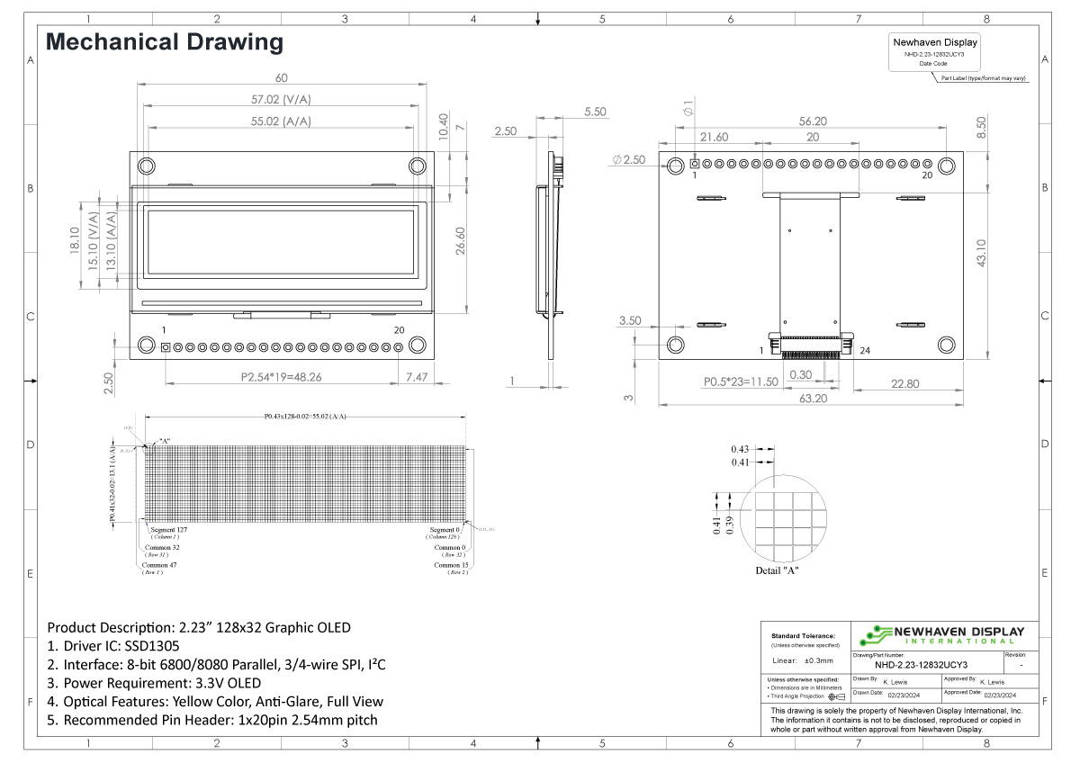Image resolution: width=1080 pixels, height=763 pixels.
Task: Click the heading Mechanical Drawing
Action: tap(165, 42)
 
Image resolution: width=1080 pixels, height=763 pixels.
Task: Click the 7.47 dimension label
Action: tap(417, 378)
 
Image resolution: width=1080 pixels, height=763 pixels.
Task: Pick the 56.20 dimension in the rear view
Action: tap(812, 121)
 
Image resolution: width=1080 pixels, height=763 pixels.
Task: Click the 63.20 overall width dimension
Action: tap(813, 399)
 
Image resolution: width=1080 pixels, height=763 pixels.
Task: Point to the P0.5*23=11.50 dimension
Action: tap(740, 382)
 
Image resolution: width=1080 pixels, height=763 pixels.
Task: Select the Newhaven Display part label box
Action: tap(934, 53)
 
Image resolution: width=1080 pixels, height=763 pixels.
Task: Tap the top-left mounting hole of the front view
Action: tap(147, 166)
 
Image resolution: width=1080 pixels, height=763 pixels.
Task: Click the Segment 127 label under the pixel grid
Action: tap(168, 530)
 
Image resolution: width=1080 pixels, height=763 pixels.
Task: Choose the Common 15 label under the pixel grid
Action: tap(451, 565)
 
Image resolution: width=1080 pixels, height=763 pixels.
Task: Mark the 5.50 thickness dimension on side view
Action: tap(596, 112)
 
